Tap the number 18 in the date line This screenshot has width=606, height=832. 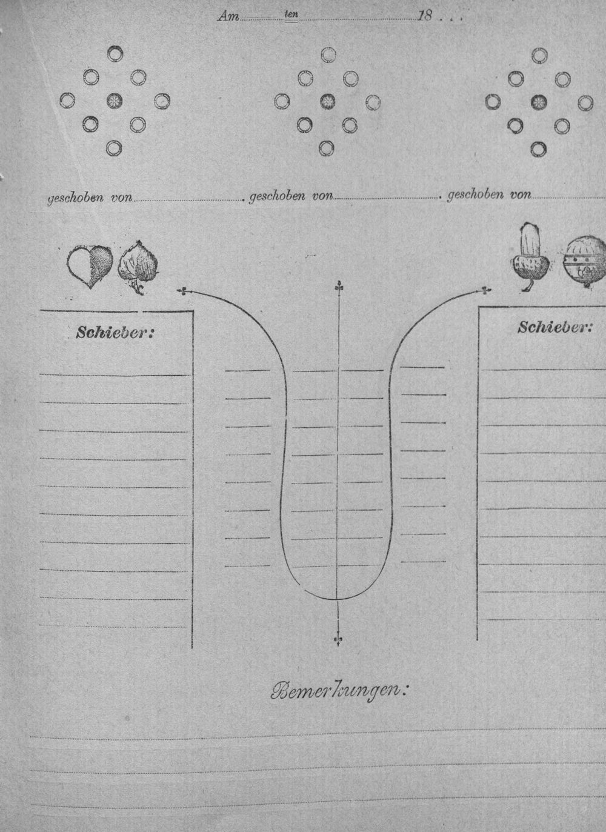pyautogui.click(x=425, y=16)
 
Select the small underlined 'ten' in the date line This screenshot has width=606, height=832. pyautogui.click(x=291, y=15)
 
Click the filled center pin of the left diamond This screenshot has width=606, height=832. pyautogui.click(x=115, y=100)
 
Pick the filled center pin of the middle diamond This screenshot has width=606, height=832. pyautogui.click(x=328, y=101)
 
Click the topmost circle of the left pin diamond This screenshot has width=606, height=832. pyautogui.click(x=115, y=54)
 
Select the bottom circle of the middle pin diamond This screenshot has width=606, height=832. pyautogui.click(x=326, y=148)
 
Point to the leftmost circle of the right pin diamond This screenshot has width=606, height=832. pyautogui.click(x=493, y=102)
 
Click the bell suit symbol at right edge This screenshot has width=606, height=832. pyautogui.click(x=585, y=262)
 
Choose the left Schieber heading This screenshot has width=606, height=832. pyautogui.click(x=115, y=333)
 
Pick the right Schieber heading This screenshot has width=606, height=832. pyautogui.click(x=554, y=327)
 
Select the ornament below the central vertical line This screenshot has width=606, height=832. pyautogui.click(x=338, y=639)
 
